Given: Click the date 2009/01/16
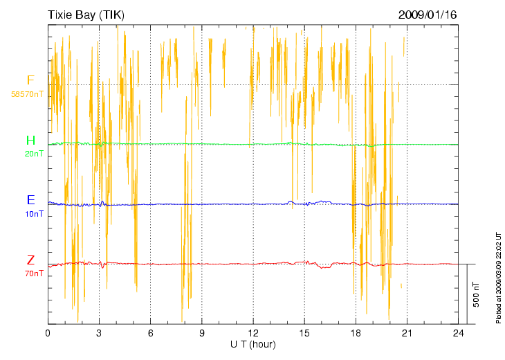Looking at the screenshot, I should point(428,15).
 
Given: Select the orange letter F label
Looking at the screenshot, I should point(30,80).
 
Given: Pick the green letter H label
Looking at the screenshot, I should point(30,141).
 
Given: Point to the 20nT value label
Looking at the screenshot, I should point(34,154).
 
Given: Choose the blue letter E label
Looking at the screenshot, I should point(30,200).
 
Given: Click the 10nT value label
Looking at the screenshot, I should point(34,213).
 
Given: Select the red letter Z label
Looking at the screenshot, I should point(30,260).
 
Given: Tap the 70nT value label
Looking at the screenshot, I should point(34,273).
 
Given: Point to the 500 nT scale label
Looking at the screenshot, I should point(477,294).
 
